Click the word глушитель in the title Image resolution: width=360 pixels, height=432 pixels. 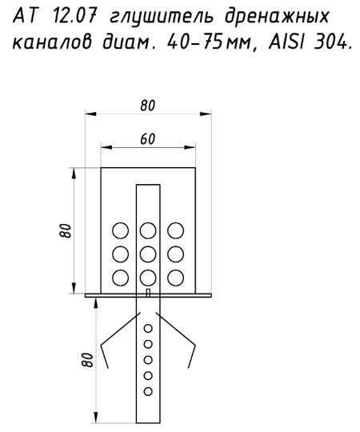pyautogui.click(x=162, y=18)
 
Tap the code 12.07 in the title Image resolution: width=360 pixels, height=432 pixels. pyautogui.click(x=74, y=17)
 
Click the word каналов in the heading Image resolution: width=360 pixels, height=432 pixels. pyautogui.click(x=52, y=43)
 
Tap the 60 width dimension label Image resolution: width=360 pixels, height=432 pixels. pyautogui.click(x=148, y=139)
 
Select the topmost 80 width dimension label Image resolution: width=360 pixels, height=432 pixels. pyautogui.click(x=148, y=106)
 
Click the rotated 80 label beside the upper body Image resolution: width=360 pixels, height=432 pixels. pyautogui.click(x=66, y=230)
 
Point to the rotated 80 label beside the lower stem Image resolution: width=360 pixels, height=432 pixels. pyautogui.click(x=87, y=359)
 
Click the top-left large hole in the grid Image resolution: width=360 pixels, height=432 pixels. pyautogui.click(x=121, y=230)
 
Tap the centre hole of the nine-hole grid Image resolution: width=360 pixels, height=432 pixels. pyautogui.click(x=148, y=254)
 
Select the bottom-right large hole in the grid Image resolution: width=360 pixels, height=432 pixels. pyautogui.click(x=176, y=278)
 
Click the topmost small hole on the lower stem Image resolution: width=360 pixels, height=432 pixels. pyautogui.click(x=148, y=329)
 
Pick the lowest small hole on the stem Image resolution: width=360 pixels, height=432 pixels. pyautogui.click(x=148, y=391)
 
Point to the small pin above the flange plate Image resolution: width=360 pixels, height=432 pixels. pyautogui.click(x=148, y=293)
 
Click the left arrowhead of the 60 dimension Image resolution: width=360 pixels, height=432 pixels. pyautogui.click(x=106, y=147)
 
